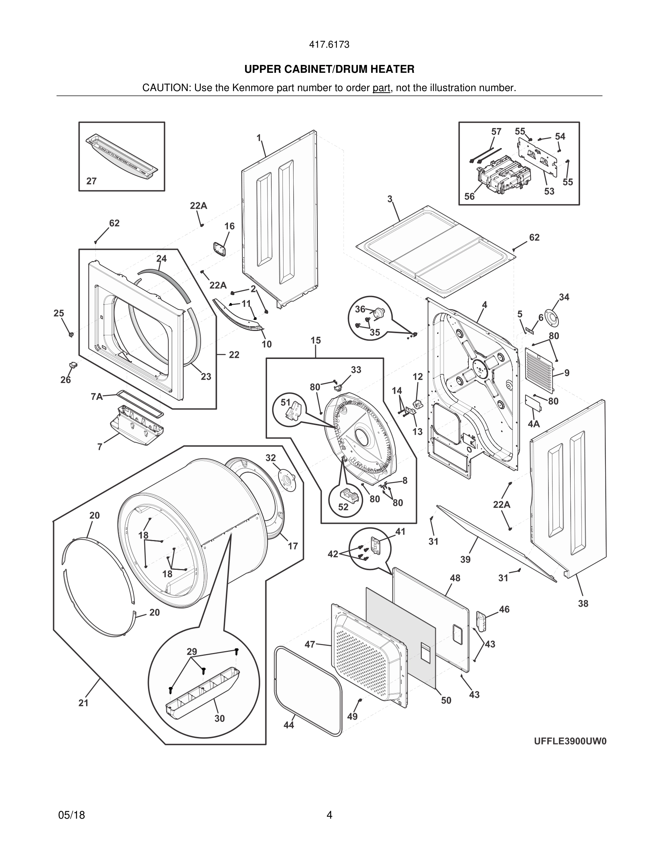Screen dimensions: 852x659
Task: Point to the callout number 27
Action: pos(92,181)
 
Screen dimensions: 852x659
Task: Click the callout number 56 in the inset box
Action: pos(469,197)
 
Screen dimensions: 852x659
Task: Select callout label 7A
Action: pos(97,397)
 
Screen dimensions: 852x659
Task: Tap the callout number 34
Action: pos(564,297)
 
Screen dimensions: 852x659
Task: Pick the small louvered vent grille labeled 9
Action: pos(539,369)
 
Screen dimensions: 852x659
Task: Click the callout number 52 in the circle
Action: pos(343,507)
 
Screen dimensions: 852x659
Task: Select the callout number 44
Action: pos(289,725)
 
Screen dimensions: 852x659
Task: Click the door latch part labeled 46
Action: pos(481,621)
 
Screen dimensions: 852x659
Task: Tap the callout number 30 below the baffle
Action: pos(219,718)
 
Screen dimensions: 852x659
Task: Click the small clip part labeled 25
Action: pos(71,334)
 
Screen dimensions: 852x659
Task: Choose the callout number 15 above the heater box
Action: pos(316,340)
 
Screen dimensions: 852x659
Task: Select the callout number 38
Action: pos(583,603)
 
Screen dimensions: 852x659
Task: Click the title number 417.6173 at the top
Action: pos(329,44)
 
